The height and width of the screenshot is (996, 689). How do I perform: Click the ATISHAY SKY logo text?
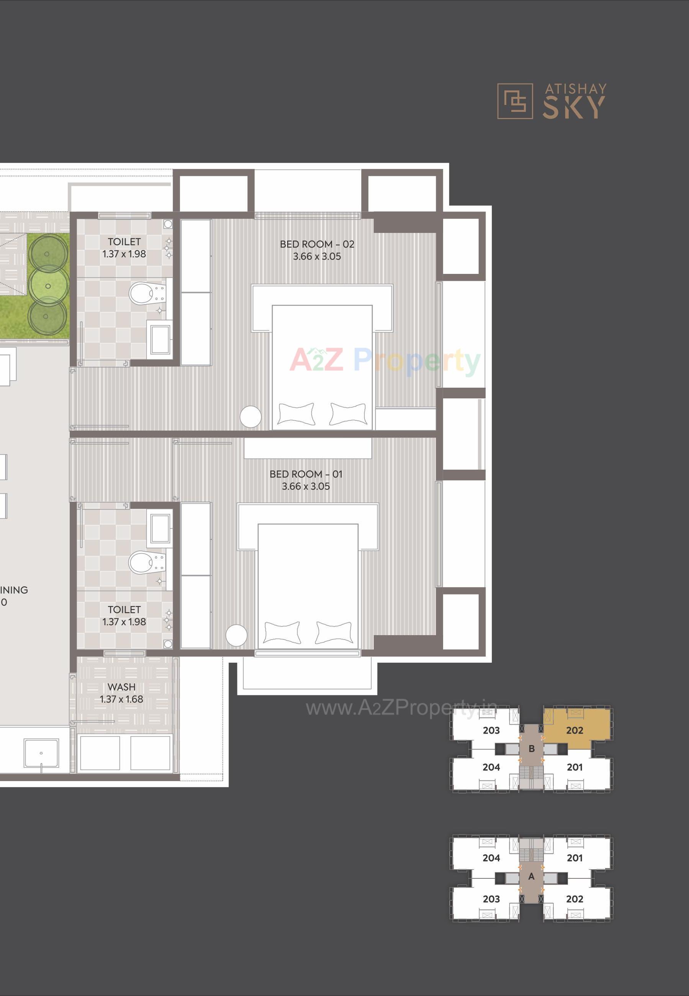(574, 102)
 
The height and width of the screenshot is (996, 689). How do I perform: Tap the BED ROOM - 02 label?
(317, 244)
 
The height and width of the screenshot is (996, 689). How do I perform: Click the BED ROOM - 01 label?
(306, 474)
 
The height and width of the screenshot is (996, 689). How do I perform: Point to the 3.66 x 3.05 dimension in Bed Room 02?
(317, 256)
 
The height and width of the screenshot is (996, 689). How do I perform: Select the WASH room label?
(121, 686)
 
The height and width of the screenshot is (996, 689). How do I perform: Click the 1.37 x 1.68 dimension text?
(121, 699)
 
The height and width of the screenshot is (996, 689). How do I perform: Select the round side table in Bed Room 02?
(250, 417)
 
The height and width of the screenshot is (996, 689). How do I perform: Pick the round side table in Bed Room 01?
(237, 636)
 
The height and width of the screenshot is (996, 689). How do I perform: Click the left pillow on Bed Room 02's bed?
(296, 414)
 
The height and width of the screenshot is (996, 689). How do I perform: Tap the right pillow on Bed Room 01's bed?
(334, 632)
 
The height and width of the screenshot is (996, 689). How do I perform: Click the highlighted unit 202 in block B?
(574, 730)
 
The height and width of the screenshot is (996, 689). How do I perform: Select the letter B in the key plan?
(532, 749)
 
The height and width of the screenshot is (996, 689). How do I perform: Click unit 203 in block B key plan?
(491, 730)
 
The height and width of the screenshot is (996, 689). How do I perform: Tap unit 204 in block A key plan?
(491, 858)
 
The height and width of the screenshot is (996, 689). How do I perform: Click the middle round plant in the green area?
(48, 285)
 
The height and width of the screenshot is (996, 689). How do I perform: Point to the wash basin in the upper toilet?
(160, 340)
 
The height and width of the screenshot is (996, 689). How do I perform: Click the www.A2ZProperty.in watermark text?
(401, 708)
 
